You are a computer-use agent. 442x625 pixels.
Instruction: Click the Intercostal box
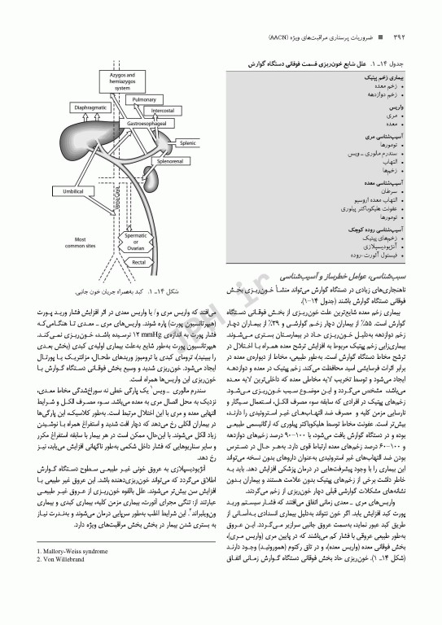[x=162, y=110]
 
